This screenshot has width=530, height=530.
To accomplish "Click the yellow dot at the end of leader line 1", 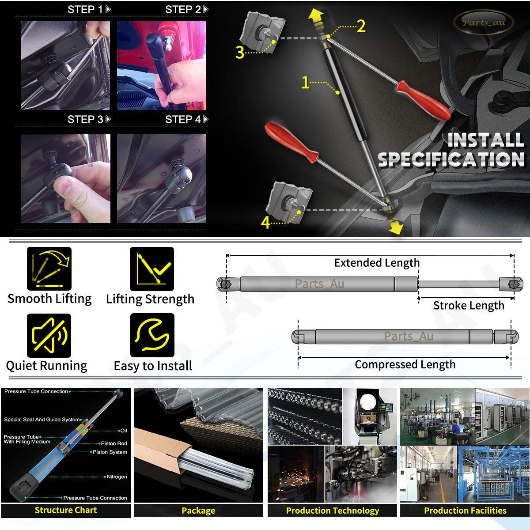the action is coord(337,93).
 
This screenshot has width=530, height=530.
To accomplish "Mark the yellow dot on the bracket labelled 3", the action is coord(274,42).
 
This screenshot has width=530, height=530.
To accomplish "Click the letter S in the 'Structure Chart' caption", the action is coord(38,510).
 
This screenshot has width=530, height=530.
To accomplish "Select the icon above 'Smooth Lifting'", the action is coord(49,269).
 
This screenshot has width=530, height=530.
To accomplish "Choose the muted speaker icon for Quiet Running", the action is coord(49,336).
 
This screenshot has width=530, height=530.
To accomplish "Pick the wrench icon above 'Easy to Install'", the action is coord(152,335).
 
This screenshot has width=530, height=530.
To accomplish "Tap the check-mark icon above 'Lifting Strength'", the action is coord(152,269).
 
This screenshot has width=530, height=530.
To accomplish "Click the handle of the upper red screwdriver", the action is coord(424,101).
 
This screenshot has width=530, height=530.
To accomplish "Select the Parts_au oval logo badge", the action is coord(484,22).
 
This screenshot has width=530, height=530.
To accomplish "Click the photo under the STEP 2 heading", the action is coord(162,65).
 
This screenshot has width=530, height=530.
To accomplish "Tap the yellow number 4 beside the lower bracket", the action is coord(265,222).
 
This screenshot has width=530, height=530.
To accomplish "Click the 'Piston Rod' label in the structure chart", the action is coord(114,443).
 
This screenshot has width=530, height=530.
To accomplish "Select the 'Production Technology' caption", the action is coord(333,511).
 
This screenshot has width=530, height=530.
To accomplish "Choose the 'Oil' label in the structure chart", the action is coord(124,431).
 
